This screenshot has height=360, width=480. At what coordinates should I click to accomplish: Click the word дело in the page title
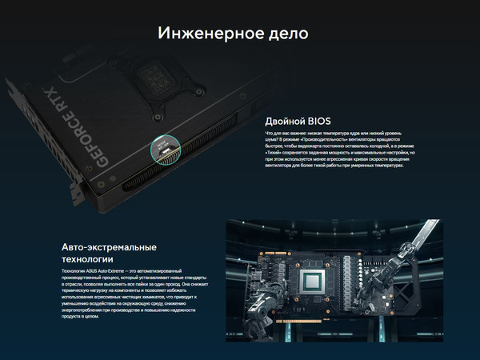(x=286, y=34)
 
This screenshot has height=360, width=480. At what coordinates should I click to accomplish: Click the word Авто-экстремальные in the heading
(x=108, y=246)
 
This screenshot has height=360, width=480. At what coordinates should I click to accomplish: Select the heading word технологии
(x=87, y=260)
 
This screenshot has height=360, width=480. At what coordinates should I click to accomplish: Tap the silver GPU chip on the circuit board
(x=310, y=282)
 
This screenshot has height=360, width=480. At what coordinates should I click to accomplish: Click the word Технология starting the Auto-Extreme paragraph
(x=74, y=273)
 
